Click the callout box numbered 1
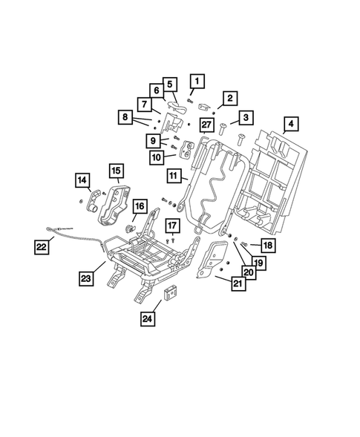tap(197, 81)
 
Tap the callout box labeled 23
tap(88, 279)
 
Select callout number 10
tap(157, 157)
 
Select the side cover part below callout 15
tap(116, 204)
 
